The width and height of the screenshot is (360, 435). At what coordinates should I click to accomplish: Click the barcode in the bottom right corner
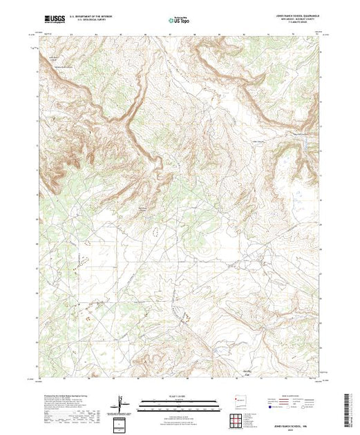pyautogui.click(x=352, y=407)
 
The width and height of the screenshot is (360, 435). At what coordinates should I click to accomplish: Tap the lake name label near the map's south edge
pyautogui.click(x=292, y=374)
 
